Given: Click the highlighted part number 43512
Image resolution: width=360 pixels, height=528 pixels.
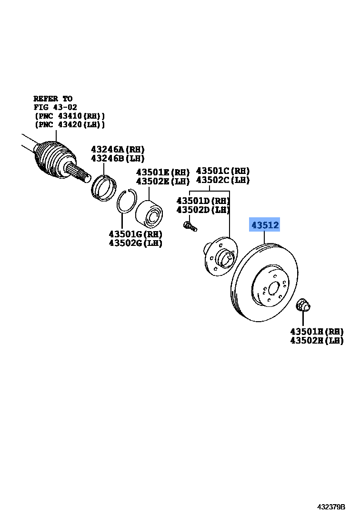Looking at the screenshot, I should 265,225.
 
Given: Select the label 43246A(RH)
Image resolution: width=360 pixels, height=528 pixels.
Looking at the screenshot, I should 118,149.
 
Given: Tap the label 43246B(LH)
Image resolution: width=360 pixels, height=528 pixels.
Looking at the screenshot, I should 118,158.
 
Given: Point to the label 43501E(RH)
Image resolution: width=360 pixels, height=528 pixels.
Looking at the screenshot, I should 162,172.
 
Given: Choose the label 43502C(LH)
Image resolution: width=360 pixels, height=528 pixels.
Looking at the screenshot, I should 222,180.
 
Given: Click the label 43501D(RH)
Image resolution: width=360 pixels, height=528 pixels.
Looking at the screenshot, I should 203,201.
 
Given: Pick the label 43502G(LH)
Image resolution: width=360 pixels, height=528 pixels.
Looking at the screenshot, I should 135,243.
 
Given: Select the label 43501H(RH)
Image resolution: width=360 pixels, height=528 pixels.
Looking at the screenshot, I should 317,331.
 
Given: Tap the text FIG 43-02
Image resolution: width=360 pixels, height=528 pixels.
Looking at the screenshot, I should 55,107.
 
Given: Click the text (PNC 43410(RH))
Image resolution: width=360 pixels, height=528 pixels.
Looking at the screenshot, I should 70,116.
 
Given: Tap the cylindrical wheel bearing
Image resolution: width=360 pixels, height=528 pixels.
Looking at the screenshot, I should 150,214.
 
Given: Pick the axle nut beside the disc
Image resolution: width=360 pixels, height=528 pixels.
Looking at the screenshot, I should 302,305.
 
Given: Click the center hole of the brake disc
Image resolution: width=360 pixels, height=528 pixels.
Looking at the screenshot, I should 273,289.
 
